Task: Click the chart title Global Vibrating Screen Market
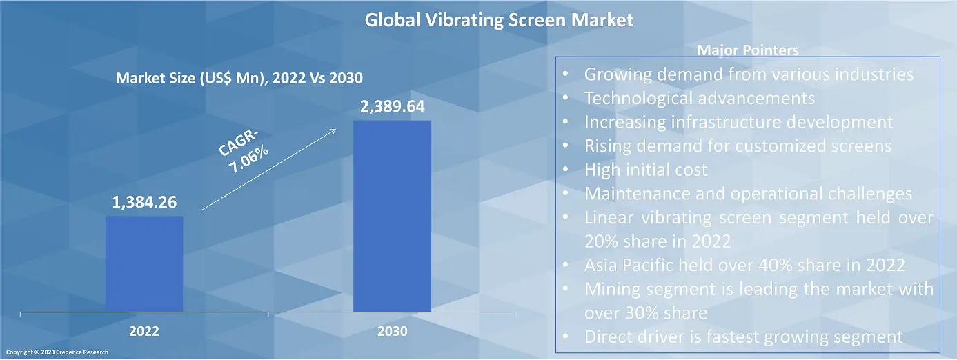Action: click(x=498, y=20)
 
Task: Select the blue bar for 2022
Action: click(x=144, y=263)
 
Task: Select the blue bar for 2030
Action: click(x=392, y=216)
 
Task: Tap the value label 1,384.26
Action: click(x=144, y=203)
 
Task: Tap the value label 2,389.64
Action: click(x=392, y=108)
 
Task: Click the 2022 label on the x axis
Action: click(x=144, y=332)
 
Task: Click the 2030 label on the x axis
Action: click(x=392, y=332)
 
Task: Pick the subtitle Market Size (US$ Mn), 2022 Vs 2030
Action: click(x=239, y=79)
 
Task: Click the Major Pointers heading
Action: click(x=748, y=50)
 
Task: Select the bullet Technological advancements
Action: click(x=699, y=98)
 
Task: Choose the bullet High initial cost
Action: click(x=646, y=170)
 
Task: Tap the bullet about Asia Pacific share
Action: click(x=744, y=265)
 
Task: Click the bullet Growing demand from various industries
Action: click(x=749, y=74)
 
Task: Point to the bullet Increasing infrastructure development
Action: click(x=738, y=122)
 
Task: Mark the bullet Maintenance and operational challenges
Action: click(x=748, y=194)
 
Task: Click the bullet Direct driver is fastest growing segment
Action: click(x=743, y=337)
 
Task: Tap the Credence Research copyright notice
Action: click(x=56, y=352)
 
